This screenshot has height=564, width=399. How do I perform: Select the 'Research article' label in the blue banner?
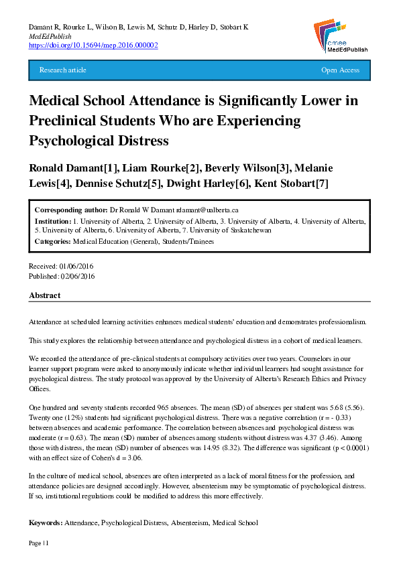(x=63, y=70)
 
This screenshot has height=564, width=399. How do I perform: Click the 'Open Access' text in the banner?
(x=340, y=70)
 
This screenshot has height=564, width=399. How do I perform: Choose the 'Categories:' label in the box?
(x=52, y=240)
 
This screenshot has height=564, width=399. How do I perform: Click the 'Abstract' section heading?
(x=45, y=295)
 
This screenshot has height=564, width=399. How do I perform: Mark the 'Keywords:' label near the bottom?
(x=46, y=522)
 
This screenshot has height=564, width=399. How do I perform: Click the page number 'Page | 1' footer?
(x=39, y=543)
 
